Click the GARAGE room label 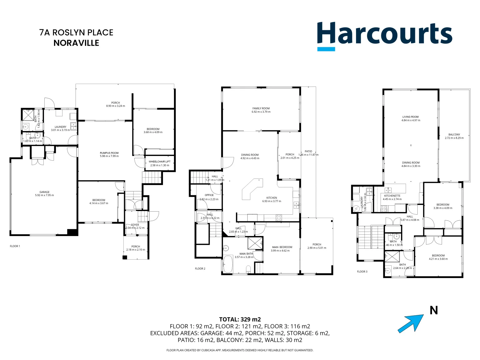point(44,192)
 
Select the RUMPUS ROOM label point(109,153)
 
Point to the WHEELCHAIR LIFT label point(159,162)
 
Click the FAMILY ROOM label point(261,108)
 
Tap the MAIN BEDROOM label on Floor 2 point(282,247)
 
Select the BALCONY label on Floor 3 point(454,135)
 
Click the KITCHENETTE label point(392,196)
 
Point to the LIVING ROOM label point(410,117)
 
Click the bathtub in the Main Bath point(228,264)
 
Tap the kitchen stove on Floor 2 point(279,218)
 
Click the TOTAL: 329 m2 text point(240,319)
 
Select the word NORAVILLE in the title point(76,43)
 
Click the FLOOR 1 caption point(15,246)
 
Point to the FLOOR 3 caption point(362,272)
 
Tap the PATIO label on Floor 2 point(308,151)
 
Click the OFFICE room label point(209,195)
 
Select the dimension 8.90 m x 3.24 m point(115,106)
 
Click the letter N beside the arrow point(434,310)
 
